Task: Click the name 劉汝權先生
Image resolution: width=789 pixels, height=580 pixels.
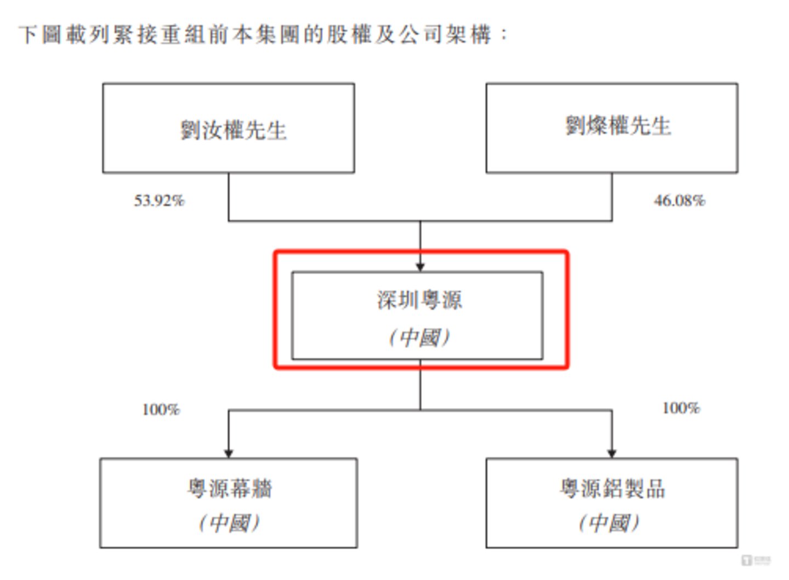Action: pyautogui.click(x=234, y=130)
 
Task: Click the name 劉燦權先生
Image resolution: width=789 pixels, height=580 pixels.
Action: pyautogui.click(x=618, y=126)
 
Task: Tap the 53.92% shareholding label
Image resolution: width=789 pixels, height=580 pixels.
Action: pyautogui.click(x=159, y=201)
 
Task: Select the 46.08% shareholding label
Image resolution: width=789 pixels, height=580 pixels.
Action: pyautogui.click(x=679, y=201)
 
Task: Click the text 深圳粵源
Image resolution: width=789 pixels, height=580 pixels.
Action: pyautogui.click(x=419, y=300)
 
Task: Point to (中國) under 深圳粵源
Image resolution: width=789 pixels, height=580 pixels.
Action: pyautogui.click(x=419, y=337)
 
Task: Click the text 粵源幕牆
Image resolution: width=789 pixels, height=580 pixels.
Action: pyautogui.click(x=229, y=488)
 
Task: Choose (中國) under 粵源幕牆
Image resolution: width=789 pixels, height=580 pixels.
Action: pyautogui.click(x=229, y=522)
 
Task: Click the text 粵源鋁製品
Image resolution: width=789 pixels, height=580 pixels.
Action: pyautogui.click(x=612, y=488)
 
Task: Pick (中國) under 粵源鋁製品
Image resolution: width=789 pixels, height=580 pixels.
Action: pyautogui.click(x=609, y=522)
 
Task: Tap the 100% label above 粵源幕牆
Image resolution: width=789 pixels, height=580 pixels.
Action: pyautogui.click(x=161, y=410)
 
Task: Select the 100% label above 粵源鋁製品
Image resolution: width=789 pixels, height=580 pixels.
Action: pyautogui.click(x=680, y=408)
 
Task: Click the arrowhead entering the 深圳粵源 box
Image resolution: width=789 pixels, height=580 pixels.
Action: pyautogui.click(x=421, y=267)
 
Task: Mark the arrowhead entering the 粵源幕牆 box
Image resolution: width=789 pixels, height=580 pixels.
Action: pyautogui.click(x=229, y=453)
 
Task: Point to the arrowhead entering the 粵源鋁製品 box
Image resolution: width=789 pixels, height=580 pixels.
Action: pyautogui.click(x=612, y=453)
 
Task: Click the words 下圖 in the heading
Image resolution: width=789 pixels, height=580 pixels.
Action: pyautogui.click(x=41, y=35)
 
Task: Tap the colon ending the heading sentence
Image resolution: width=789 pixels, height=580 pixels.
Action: pyautogui.click(x=504, y=35)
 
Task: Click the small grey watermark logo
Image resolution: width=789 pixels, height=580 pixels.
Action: pyautogui.click(x=756, y=560)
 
